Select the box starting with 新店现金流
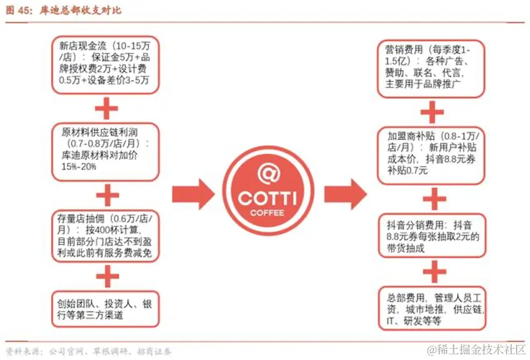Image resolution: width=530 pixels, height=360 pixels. (106, 64)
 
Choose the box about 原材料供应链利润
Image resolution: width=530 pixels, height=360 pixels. (106, 151)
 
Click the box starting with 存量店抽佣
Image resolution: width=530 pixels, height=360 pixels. (106, 235)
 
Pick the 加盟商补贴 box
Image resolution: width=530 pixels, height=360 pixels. (432, 153)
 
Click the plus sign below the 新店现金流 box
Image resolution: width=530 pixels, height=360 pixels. (106, 109)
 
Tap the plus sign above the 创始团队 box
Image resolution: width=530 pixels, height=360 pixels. (106, 276)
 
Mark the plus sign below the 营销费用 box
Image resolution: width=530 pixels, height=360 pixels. (432, 112)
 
